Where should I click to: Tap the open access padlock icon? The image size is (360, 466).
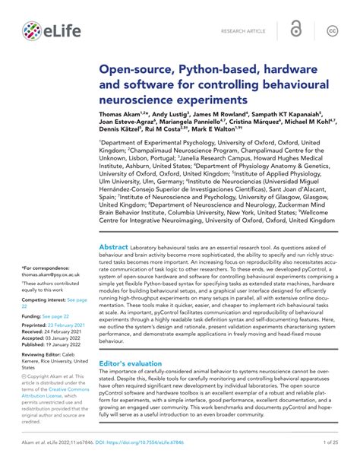(x=296, y=30)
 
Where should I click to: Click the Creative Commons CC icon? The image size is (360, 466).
(x=331, y=30)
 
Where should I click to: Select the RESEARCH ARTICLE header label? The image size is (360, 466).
(x=242, y=30)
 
